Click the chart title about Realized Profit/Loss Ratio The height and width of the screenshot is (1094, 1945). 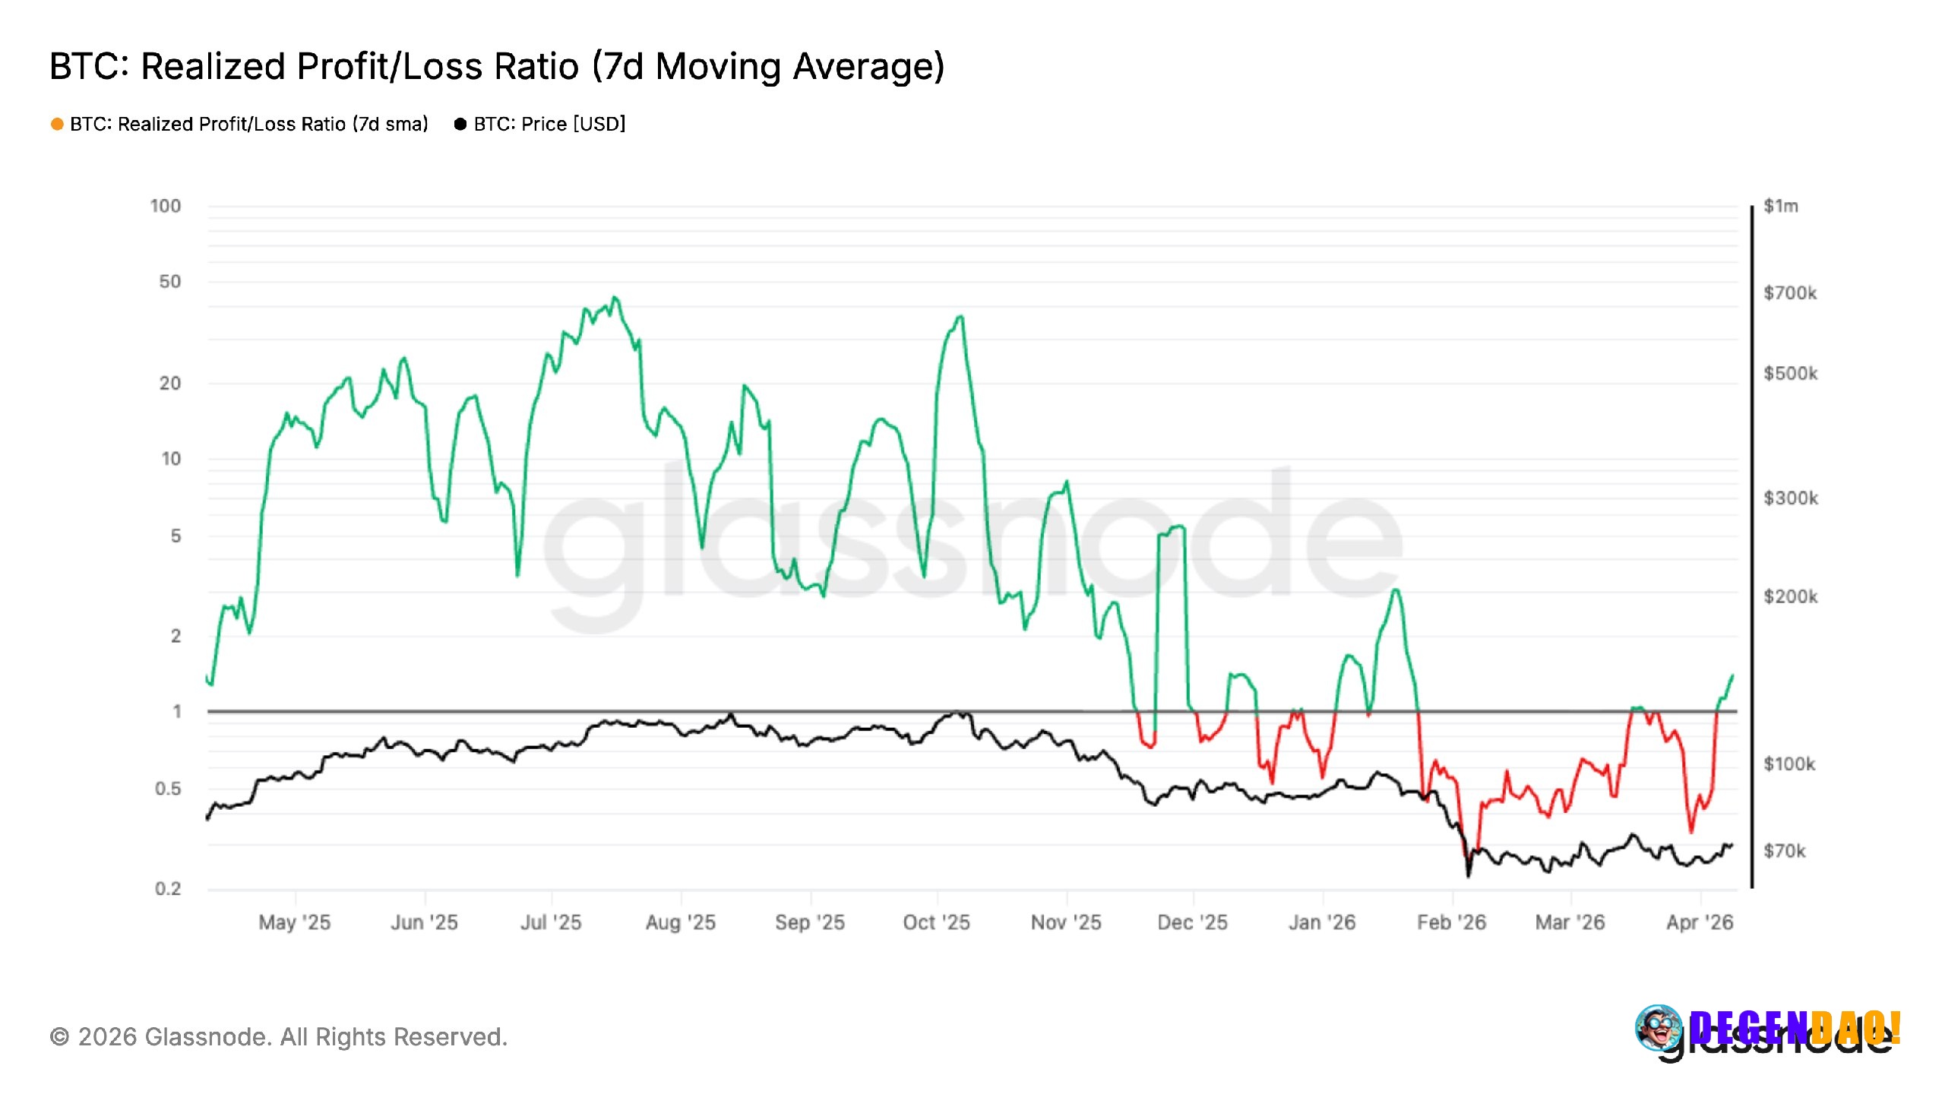point(497,67)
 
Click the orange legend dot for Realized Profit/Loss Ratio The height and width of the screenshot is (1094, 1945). point(57,124)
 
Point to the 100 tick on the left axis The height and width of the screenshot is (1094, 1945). point(166,206)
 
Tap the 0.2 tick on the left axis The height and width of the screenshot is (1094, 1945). point(168,888)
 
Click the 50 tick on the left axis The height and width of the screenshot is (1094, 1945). point(170,282)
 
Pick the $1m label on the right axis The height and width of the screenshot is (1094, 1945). point(1780,206)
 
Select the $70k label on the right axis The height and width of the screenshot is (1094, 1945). point(1784,851)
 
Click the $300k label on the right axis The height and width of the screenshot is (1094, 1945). point(1790,498)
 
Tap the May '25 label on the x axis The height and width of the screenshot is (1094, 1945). point(294,922)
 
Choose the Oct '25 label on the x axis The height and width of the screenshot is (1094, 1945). point(936,922)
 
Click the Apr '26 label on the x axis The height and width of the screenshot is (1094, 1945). point(1700,922)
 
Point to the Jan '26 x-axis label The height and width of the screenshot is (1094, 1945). point(1322,922)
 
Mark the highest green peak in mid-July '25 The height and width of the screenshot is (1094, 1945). point(615,298)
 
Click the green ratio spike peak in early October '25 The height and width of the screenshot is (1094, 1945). point(961,317)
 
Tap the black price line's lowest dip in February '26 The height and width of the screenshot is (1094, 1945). point(1468,876)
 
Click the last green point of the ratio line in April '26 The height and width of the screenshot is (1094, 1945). point(1732,675)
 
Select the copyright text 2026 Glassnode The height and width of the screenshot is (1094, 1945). point(278,1037)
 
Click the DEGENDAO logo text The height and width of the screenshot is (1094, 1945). point(1795,1028)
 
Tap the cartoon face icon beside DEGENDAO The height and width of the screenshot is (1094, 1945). point(1659,1028)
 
